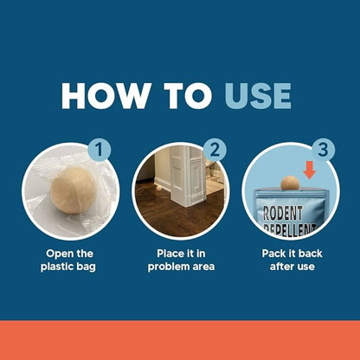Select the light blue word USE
[258, 96]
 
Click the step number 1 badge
[99, 150]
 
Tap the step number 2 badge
[215, 151]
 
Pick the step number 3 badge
[324, 150]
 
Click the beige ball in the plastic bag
[74, 190]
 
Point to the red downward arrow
[310, 170]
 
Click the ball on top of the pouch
[290, 183]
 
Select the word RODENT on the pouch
[282, 214]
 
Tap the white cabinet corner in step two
[188, 176]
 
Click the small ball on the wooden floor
[159, 188]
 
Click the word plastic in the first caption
[58, 267]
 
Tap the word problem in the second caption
[168, 267]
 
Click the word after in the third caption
[280, 267]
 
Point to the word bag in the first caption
[87, 267]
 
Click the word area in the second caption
[203, 267]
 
